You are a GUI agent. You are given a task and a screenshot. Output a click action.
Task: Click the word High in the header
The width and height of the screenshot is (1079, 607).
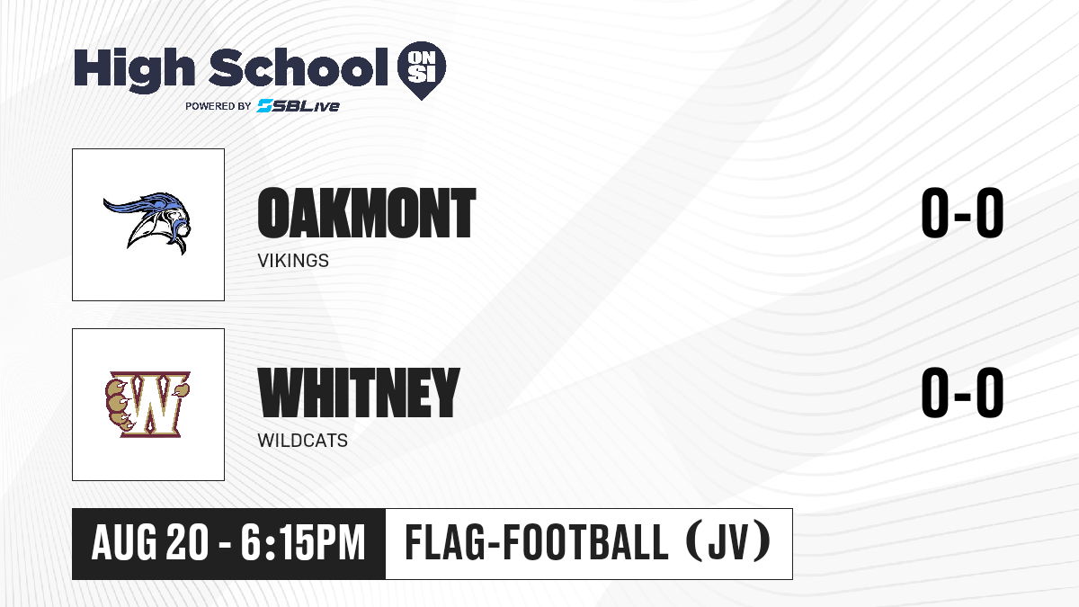(x=134, y=69)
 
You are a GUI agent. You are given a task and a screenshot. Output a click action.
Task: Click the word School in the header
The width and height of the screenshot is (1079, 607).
(x=299, y=67)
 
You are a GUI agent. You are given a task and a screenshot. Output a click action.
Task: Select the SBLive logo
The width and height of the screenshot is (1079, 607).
(x=299, y=105)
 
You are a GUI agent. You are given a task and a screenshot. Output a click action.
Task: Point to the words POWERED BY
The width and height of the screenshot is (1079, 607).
(x=218, y=106)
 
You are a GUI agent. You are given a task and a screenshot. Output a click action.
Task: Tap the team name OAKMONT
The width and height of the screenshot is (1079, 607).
(x=367, y=213)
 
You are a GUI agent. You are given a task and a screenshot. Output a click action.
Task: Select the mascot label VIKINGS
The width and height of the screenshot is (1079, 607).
(x=293, y=261)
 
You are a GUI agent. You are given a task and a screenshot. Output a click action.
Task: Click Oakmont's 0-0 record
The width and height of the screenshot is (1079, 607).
(x=962, y=213)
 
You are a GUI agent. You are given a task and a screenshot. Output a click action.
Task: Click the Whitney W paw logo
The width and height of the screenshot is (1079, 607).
(x=147, y=404)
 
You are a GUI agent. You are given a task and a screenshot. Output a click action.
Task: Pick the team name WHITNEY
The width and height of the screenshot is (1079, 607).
(x=359, y=393)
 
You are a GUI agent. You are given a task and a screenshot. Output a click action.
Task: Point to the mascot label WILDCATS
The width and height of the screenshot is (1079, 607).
(x=302, y=441)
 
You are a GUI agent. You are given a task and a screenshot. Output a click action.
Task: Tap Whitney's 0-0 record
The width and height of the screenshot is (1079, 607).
(x=962, y=393)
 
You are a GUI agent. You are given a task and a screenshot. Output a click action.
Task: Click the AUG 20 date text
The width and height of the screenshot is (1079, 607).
(x=150, y=543)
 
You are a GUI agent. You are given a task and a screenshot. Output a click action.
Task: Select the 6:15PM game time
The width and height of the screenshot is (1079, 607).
(x=303, y=543)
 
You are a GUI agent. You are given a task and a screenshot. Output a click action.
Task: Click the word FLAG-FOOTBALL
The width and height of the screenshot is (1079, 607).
(x=537, y=543)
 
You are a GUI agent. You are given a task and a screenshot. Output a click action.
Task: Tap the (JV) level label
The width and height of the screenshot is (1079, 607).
(x=728, y=542)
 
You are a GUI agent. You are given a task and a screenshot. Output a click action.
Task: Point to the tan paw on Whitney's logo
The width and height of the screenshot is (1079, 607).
(x=119, y=405)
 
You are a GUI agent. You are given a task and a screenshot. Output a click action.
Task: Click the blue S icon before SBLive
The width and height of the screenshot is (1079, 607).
(x=265, y=105)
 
